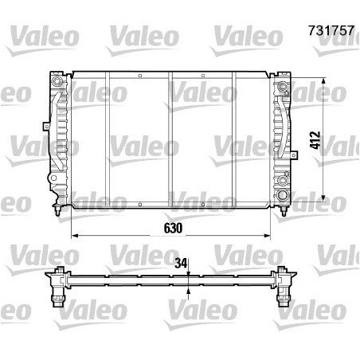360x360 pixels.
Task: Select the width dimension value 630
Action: pos(173,227)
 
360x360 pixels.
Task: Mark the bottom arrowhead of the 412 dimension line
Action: pos(323,197)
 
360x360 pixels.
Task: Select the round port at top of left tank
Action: pos(57,82)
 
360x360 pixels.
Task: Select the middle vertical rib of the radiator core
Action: pos(171,140)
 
